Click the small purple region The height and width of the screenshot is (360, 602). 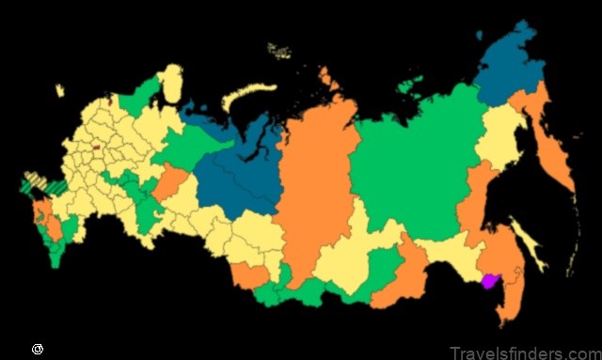point(488,280)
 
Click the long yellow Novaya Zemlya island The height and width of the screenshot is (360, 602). point(246,94)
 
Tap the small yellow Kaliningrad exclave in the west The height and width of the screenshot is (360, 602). point(59,91)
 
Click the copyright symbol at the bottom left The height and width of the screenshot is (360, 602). point(37,348)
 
